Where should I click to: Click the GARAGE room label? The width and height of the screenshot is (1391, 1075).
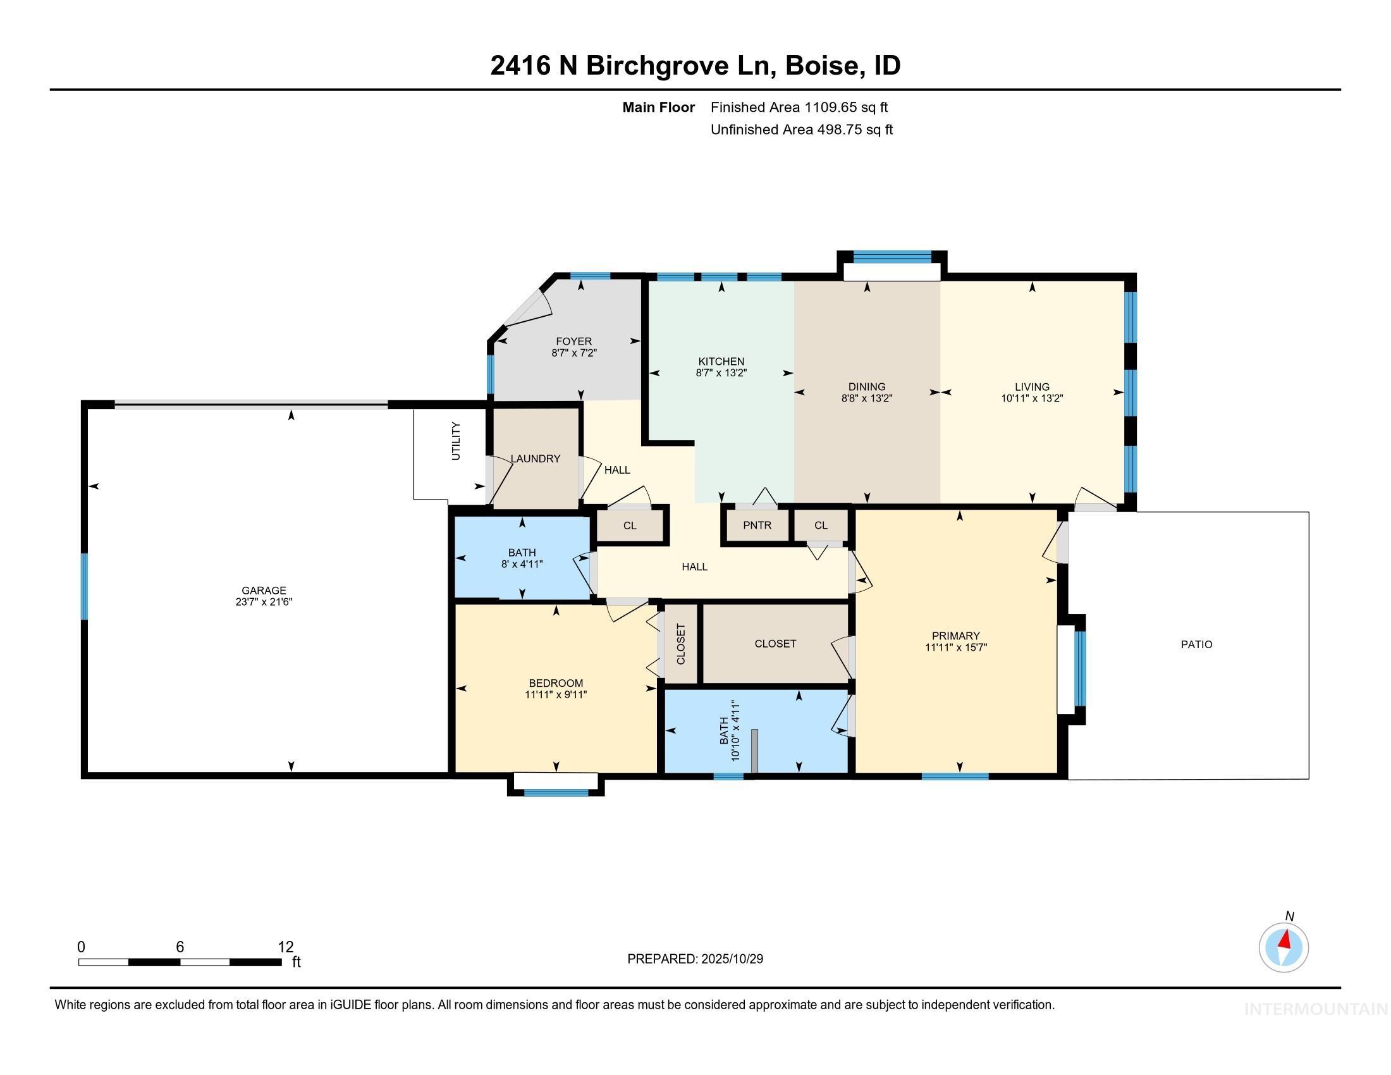(x=264, y=591)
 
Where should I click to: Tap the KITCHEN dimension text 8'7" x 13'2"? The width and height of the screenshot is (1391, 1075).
(x=721, y=373)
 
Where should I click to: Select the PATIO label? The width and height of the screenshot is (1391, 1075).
(x=1196, y=644)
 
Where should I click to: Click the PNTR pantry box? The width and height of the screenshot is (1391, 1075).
(x=757, y=525)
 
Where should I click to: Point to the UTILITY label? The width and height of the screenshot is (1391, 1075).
(x=455, y=441)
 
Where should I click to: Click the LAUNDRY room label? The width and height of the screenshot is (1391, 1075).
(x=535, y=458)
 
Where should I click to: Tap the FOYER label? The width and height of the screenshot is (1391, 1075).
(x=573, y=341)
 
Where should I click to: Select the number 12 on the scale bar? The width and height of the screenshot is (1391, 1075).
(x=285, y=947)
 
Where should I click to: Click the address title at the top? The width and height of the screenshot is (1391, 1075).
(x=695, y=66)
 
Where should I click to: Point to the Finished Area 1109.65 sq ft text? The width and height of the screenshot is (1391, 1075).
(x=799, y=107)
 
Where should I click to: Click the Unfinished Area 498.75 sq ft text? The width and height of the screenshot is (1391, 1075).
(x=801, y=130)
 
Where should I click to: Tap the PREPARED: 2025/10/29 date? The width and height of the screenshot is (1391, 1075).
(x=695, y=959)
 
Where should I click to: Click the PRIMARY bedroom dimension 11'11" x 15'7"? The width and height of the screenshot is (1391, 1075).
(x=955, y=648)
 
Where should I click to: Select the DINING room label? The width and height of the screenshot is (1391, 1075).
(x=866, y=386)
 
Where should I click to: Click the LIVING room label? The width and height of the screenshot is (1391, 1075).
(x=1032, y=386)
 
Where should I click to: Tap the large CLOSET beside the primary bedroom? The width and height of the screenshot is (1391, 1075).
(x=775, y=644)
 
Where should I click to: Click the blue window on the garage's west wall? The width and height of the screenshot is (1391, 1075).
(x=84, y=586)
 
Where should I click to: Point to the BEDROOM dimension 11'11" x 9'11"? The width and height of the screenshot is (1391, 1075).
(x=555, y=695)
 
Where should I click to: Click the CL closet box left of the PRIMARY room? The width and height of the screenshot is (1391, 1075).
(x=820, y=525)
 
